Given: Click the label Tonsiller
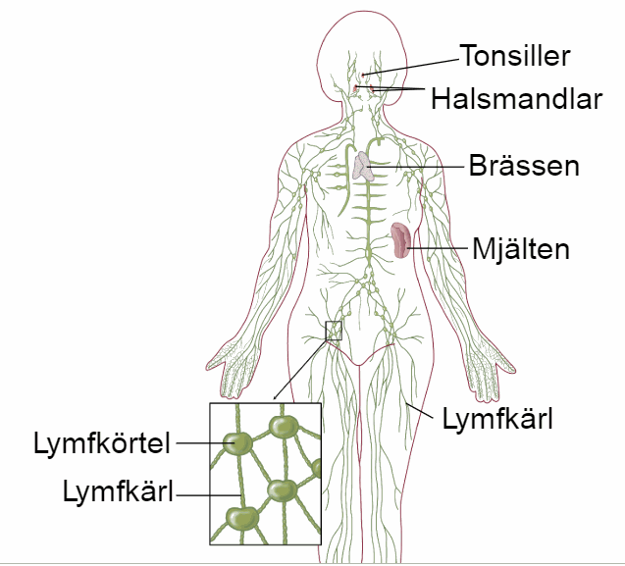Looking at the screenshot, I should click(515, 55).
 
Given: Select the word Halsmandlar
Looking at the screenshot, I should click(516, 98).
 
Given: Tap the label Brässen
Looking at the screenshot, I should click(524, 165).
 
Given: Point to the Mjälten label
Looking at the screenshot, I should click(521, 249).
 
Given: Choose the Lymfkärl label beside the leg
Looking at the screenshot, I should click(498, 421).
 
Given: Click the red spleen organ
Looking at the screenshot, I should click(400, 240).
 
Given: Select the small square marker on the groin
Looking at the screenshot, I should click(334, 331).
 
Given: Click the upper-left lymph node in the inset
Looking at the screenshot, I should click(237, 443).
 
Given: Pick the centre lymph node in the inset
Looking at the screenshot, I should click(283, 489).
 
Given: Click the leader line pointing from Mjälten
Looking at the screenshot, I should click(436, 249).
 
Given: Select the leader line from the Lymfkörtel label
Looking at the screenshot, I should click(200, 443).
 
